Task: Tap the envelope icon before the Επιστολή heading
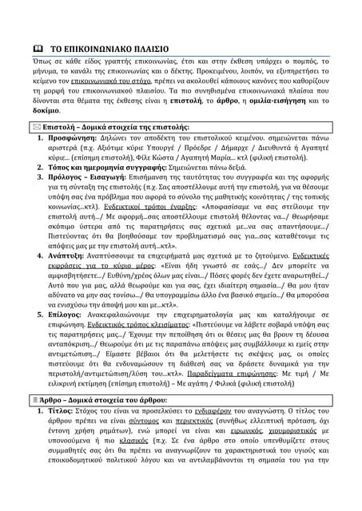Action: pos(35,127)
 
